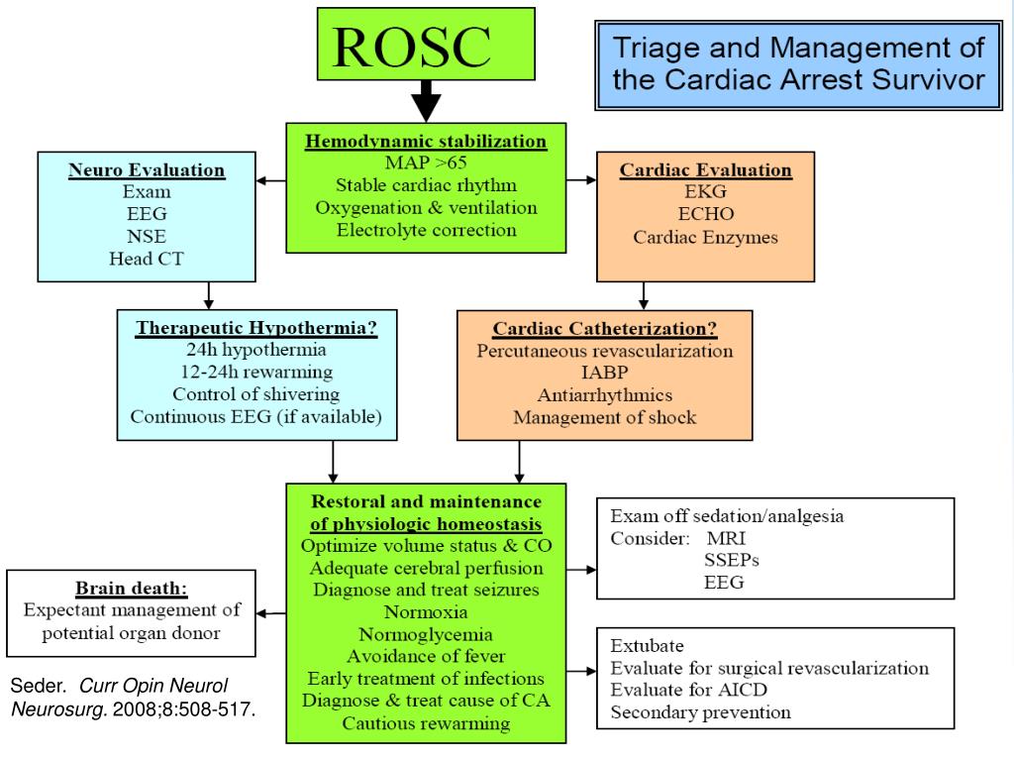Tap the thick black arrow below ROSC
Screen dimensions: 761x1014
click(426, 100)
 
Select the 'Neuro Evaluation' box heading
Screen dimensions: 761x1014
click(147, 170)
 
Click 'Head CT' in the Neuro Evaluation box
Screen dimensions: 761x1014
click(147, 260)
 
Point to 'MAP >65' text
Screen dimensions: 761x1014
click(425, 163)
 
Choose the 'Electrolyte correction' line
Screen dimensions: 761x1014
click(426, 231)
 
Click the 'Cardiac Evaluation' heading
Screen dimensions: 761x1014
click(705, 170)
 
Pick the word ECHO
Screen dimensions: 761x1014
click(705, 215)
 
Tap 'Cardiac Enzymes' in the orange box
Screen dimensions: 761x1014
click(705, 238)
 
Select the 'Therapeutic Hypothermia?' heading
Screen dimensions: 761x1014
click(256, 327)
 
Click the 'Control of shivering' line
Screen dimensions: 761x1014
click(256, 394)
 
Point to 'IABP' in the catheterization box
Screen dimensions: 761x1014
click(604, 374)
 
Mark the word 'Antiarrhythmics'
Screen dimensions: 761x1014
click(604, 395)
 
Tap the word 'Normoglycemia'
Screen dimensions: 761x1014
click(426, 635)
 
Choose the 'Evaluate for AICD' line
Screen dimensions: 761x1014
click(689, 691)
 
